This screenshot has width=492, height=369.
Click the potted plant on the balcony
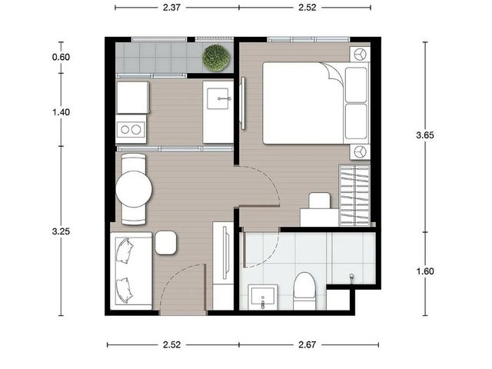coord(216,58)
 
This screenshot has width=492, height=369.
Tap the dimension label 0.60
coord(61,57)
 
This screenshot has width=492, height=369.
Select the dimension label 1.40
coord(61,112)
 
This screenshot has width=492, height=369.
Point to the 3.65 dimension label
coord(425,135)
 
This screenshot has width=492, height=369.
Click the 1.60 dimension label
coord(425,271)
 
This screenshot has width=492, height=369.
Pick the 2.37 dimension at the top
coord(171,7)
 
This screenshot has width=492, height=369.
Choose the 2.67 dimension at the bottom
coord(307,345)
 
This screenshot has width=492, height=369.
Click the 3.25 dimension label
coord(61,231)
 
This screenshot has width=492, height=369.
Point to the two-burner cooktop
coord(131,129)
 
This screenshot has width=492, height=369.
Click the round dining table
coord(134,189)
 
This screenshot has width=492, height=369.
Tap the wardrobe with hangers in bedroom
coord(354,194)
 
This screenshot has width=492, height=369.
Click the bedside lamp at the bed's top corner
coord(360,55)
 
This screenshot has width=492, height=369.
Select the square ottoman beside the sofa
coord(166,243)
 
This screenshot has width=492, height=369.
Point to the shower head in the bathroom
coord(352,278)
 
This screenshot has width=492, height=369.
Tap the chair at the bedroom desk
coord(320,201)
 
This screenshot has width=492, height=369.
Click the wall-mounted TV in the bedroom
coord(243,103)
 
